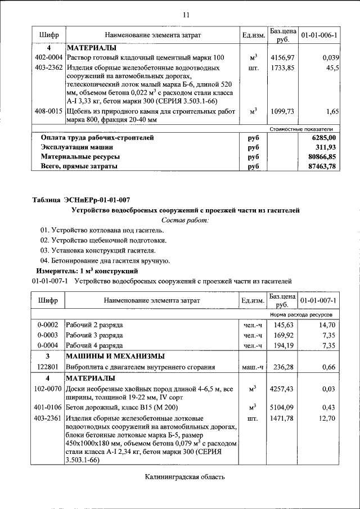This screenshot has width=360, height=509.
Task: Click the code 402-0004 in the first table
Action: [48, 57]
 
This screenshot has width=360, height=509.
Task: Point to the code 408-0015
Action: [48, 111]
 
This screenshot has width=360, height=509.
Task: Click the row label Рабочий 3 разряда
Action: [94, 335]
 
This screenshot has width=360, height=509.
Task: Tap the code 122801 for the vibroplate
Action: [48, 367]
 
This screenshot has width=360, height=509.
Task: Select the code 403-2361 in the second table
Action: [48, 418]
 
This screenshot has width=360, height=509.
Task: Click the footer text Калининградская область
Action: [185, 477]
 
